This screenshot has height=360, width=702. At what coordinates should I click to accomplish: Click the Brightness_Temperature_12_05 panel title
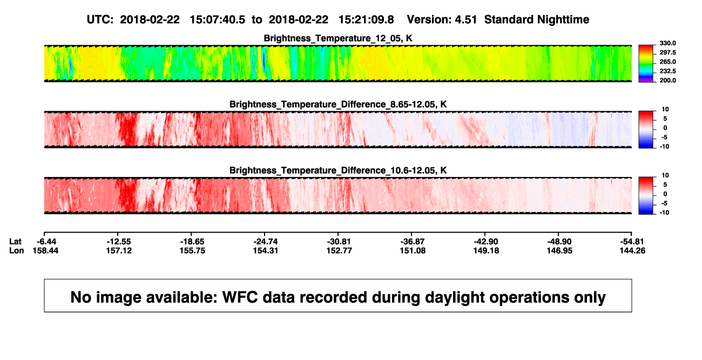(338, 38)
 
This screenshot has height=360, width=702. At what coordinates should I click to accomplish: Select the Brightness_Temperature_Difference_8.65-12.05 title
(338, 104)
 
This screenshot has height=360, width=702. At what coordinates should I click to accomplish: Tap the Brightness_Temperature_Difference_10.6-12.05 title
(338, 171)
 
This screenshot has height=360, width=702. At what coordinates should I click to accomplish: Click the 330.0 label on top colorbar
(667, 43)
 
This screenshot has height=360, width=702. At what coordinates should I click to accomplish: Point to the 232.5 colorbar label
(667, 71)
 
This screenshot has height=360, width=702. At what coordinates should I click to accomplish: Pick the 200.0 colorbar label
(667, 80)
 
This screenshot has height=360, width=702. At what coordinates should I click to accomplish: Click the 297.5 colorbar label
(667, 53)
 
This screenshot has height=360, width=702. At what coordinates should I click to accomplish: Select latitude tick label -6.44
(46, 242)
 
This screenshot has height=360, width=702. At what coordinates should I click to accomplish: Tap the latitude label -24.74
(265, 242)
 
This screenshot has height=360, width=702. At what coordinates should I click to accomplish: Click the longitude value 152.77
(339, 251)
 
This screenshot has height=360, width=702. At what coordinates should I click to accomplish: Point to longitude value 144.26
(632, 251)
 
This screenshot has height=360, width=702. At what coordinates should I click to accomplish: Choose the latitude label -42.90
(486, 242)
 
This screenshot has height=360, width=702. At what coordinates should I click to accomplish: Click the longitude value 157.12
(119, 251)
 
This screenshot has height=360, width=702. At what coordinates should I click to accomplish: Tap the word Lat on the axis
(15, 242)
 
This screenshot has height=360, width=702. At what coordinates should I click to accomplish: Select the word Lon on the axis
(16, 251)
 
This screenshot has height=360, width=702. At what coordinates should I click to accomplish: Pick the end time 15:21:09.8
(366, 20)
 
